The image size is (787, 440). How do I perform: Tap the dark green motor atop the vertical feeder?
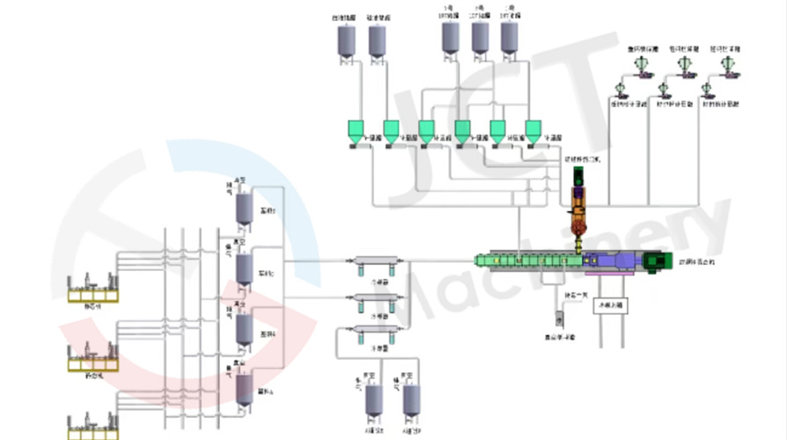pos(578,176)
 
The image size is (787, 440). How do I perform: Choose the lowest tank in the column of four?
pos(243,389)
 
